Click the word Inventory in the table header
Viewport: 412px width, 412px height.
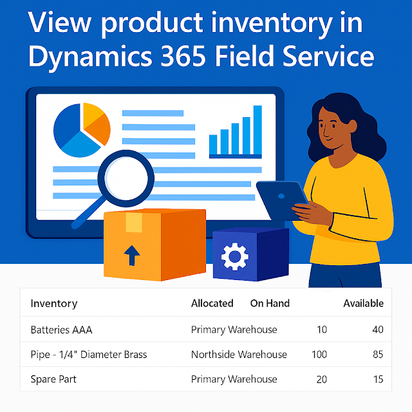[53, 303]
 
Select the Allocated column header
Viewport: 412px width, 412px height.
[212, 303]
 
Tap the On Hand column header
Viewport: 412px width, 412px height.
[270, 303]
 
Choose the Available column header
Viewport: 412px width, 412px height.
[363, 303]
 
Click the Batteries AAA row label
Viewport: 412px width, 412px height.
[61, 330]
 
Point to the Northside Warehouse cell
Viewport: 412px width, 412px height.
[239, 354]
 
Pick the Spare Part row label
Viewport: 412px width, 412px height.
[53, 379]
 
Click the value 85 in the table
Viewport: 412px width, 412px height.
[377, 354]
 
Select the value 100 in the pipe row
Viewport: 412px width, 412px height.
[318, 354]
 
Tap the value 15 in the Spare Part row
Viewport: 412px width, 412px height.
[377, 379]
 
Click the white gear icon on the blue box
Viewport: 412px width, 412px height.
[234, 257]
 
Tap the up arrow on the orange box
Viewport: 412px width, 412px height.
[131, 256]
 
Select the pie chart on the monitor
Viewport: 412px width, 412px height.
[82, 129]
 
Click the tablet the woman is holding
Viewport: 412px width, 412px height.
[283, 200]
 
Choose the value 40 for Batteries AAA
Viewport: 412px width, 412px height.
[377, 330]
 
